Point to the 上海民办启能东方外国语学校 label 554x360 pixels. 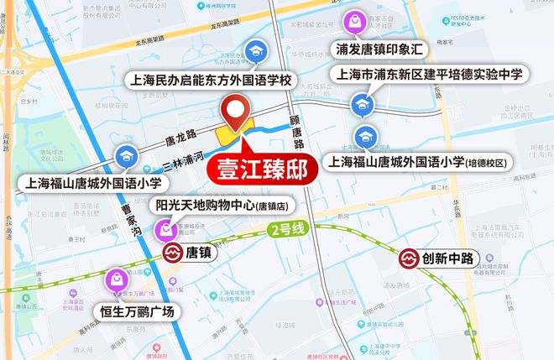212,82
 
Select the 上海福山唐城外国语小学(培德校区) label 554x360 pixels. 419,161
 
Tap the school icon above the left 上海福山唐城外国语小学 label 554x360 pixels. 126,155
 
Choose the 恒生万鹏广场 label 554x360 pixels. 138,312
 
